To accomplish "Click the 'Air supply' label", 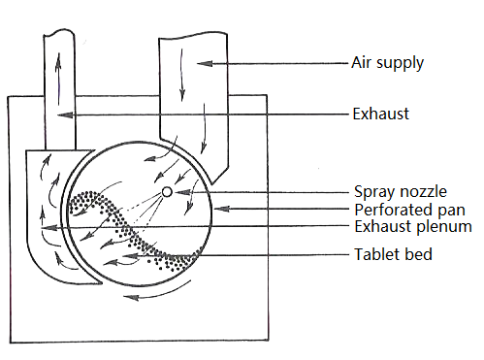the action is point(387,63).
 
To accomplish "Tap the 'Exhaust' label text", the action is point(380,114).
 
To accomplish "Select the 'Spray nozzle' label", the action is point(401,191).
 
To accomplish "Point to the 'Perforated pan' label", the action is point(409,210).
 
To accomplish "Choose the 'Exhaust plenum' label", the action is point(413,226).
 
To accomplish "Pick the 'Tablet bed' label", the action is point(393,254).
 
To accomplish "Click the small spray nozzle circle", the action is point(167,192).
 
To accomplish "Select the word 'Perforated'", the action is point(394,210).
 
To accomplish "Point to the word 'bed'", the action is point(419,254).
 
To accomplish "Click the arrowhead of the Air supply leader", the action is point(205,63).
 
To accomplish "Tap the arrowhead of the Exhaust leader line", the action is point(65,115).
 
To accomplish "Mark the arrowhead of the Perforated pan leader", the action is point(222,209).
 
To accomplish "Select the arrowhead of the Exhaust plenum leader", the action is point(48,228).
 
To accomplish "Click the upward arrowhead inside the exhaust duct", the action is point(58,60).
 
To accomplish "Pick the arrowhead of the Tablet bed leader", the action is point(130,256).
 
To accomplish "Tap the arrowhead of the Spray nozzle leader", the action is point(182,192).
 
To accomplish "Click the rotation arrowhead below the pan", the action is point(131,297).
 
